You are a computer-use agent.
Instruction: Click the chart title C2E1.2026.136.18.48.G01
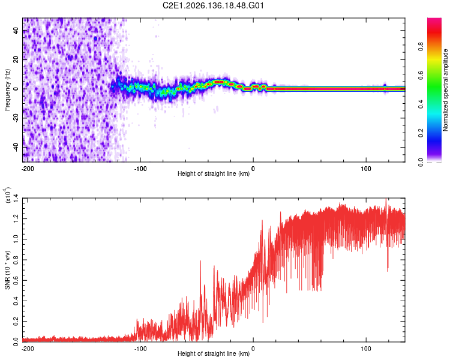coord(213,5)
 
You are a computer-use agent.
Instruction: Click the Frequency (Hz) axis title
coord(7,90)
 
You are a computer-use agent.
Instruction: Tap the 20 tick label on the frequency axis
coord(16,60)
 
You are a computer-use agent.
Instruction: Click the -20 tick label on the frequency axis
coord(16,119)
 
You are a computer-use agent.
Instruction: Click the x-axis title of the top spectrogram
coord(214,173)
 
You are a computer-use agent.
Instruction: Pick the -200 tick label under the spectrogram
coord(28,169)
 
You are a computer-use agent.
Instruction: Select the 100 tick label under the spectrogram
coord(366,169)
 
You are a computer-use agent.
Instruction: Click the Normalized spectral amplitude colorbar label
coord(445,90)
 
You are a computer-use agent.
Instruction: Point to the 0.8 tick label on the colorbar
coord(421,46)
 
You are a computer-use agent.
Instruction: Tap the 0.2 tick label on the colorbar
coord(421,133)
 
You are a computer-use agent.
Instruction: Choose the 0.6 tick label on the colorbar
coord(421,75)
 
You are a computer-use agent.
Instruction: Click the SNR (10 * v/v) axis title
coord(7,270)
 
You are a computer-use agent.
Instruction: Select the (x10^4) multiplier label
coord(8,195)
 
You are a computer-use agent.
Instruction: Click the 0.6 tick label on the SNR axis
coord(16,280)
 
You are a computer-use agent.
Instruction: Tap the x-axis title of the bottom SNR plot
coord(214,353)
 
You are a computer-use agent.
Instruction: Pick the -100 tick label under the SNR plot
coord(140,349)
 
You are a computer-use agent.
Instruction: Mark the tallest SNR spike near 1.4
coord(386,199)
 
